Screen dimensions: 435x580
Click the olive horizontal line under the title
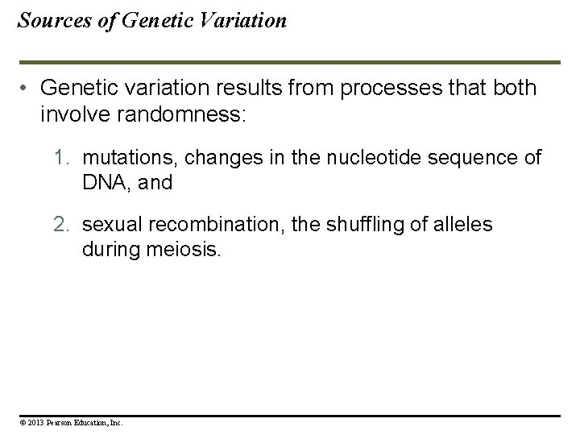[x=290, y=62]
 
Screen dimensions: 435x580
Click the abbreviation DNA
[x=102, y=182]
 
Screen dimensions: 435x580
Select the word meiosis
[x=184, y=250]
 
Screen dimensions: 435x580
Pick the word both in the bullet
[x=513, y=88]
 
